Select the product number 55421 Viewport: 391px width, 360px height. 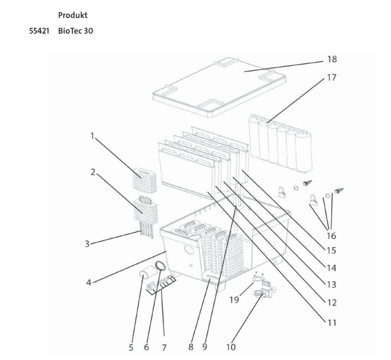tap(39, 31)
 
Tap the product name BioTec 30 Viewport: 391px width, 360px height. tap(75, 31)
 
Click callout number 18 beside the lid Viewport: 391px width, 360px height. tap(332, 60)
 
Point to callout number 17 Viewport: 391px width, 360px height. tap(332, 78)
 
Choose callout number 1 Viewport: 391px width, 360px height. tap(92, 136)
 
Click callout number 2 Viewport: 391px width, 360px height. tap(92, 172)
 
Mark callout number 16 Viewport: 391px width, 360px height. tap(331, 236)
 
